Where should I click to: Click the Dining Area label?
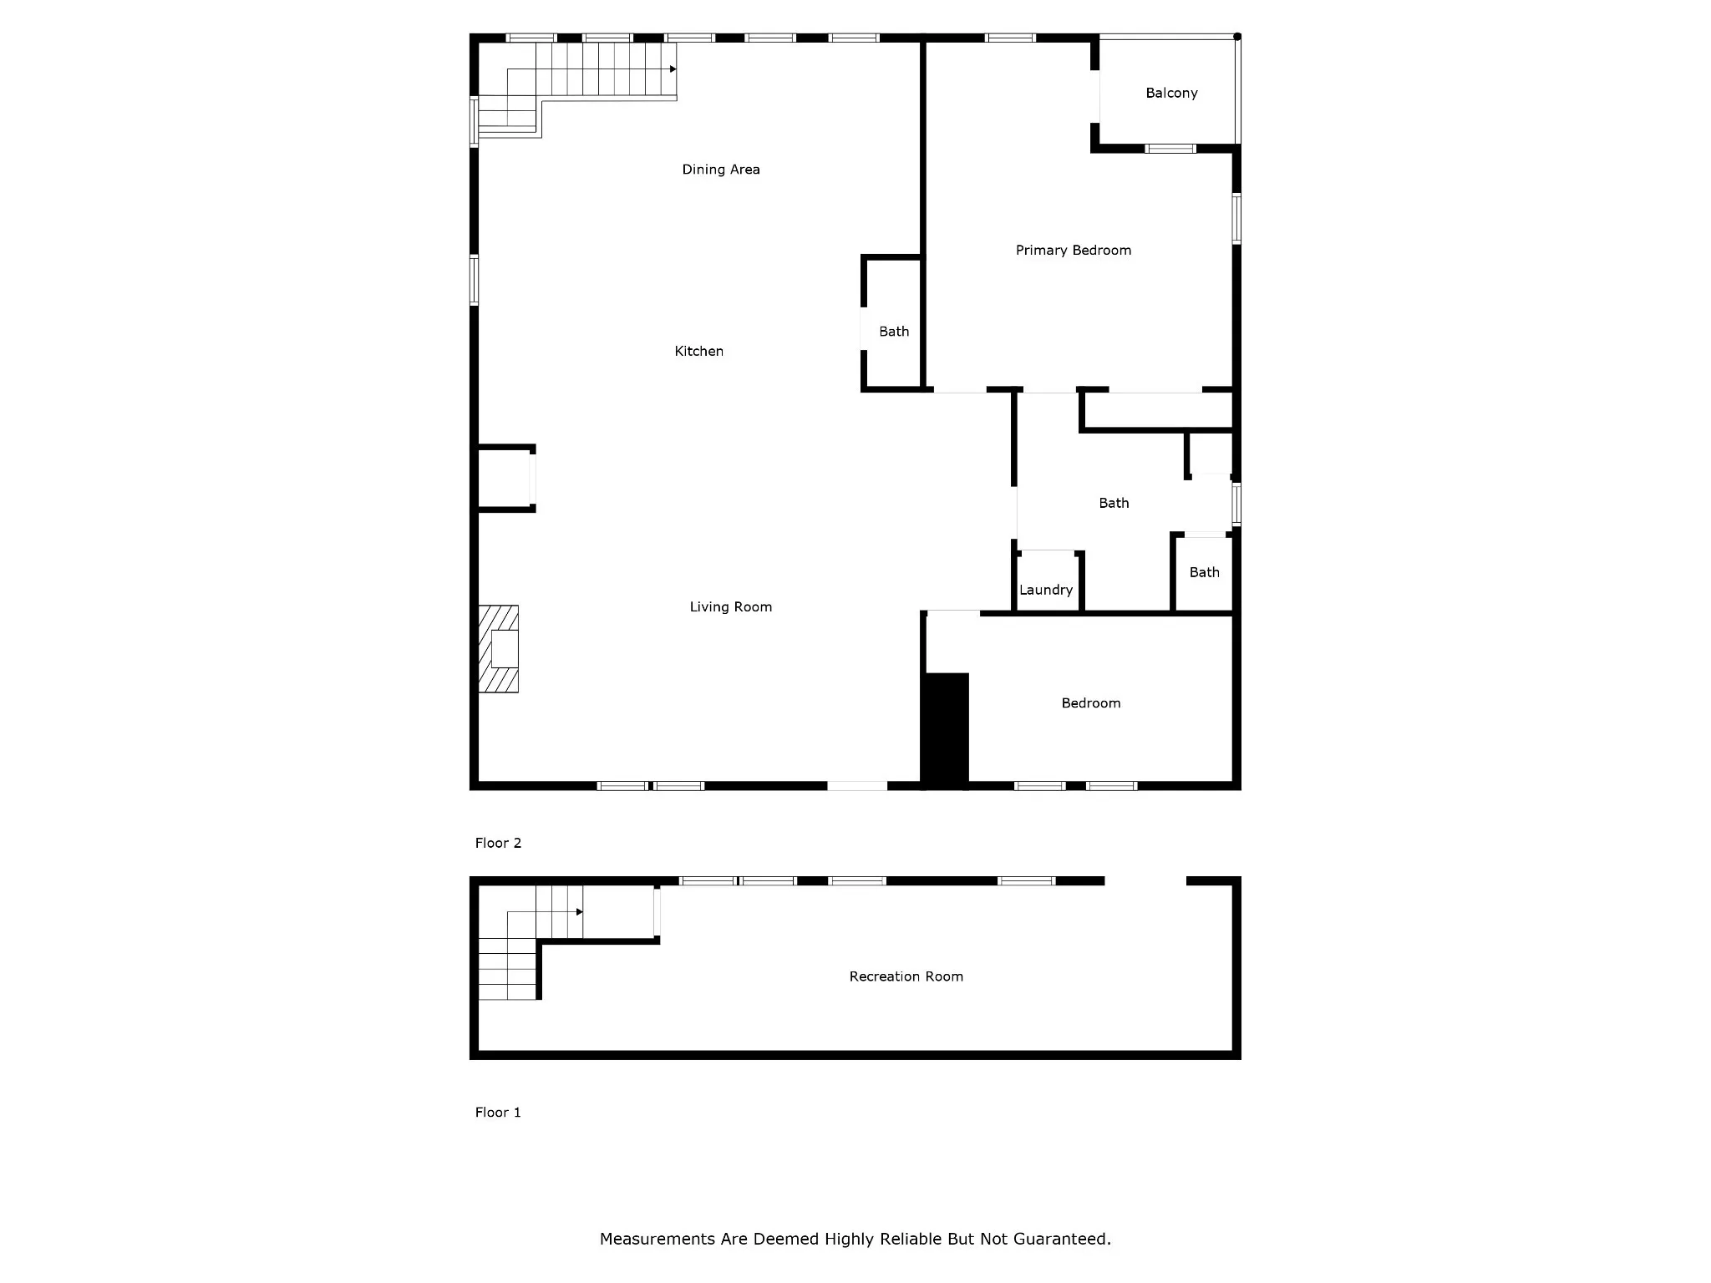[x=721, y=170]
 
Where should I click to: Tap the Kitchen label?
[x=699, y=352]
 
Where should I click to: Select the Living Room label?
[x=731, y=607]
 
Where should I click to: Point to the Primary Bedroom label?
[x=1074, y=251]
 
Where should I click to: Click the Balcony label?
[x=1171, y=94]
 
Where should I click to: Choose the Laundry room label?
[x=1046, y=591]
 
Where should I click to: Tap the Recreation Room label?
[x=906, y=976]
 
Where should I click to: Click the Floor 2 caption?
[x=498, y=843]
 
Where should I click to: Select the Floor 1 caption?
[x=498, y=1112]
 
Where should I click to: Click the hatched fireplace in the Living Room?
[x=499, y=649]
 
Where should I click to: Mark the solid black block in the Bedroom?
[x=945, y=728]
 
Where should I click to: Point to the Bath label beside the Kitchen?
[x=894, y=332]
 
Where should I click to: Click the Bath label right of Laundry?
[x=1205, y=572]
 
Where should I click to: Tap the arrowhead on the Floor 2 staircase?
[x=673, y=69]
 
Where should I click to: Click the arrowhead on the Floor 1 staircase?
[x=580, y=912]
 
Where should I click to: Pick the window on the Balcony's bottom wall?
[x=1170, y=149]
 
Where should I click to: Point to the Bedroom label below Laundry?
[x=1091, y=703]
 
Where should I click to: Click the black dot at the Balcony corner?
[x=1237, y=37]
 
